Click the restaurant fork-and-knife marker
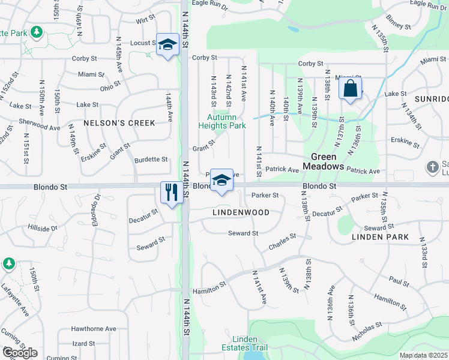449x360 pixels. tap(171, 193)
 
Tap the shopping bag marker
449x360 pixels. tap(350, 89)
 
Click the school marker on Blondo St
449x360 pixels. tap(221, 180)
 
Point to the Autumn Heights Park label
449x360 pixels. tap(222, 122)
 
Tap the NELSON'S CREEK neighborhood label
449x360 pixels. tap(119, 123)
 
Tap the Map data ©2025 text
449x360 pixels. tap(424, 355)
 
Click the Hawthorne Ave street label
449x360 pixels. tap(94, 329)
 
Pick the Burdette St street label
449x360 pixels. tap(151, 160)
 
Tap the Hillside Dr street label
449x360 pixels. tap(43, 228)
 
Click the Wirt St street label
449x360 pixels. tap(141, 20)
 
